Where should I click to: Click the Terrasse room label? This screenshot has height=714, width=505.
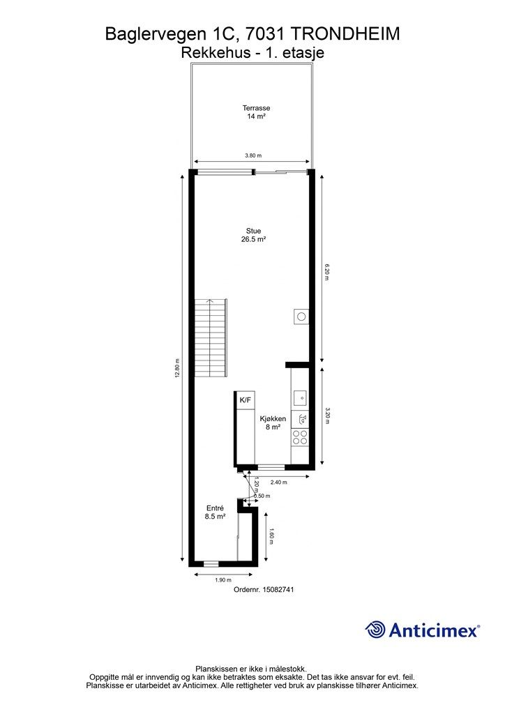pos(256,112)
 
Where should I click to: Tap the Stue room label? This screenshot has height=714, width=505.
pos(254,235)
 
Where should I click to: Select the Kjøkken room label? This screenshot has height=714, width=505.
pos(273,423)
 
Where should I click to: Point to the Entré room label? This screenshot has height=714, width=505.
pos(215,512)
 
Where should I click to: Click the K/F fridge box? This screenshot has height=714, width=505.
pos(245,400)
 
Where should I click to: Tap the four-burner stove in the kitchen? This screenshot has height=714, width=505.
pos(300,437)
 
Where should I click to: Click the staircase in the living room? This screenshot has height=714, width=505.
pos(211,337)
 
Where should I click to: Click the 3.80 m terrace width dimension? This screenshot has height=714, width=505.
pos(253,155)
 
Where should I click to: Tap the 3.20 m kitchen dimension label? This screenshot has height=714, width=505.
pos(327,416)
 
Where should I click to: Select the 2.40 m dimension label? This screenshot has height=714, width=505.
pos(279,483)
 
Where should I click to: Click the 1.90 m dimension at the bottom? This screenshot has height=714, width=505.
pos(223,580)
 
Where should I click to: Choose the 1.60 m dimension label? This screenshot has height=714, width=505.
pos(271,536)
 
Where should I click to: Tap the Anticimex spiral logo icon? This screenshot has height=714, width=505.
pos(375,630)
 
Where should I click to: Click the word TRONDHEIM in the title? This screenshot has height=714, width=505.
pos(345,33)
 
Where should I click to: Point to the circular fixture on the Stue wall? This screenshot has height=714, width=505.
pos(301,316)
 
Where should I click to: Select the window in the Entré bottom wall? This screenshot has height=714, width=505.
pos(211,563)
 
